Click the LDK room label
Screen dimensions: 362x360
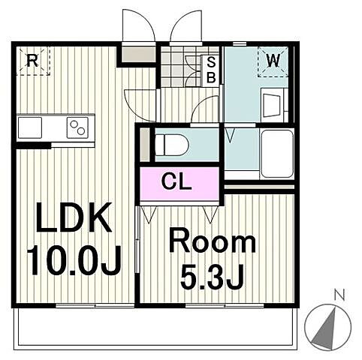click(x=74, y=217)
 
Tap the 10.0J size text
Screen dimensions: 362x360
click(x=74, y=261)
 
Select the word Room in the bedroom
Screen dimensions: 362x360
click(x=213, y=243)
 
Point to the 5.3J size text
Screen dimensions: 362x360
click(x=212, y=277)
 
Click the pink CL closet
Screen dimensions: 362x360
click(x=179, y=184)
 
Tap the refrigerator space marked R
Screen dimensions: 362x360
click(x=33, y=61)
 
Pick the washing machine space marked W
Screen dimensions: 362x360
click(x=273, y=61)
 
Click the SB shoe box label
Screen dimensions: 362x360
click(x=211, y=70)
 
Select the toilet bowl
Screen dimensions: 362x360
click(x=171, y=145)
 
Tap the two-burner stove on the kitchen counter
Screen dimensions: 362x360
click(x=77, y=127)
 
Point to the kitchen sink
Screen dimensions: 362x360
click(x=30, y=127)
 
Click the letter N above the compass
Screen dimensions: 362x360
click(x=339, y=295)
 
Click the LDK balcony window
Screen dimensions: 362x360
click(x=95, y=305)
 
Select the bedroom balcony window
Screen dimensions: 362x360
click(x=225, y=305)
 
